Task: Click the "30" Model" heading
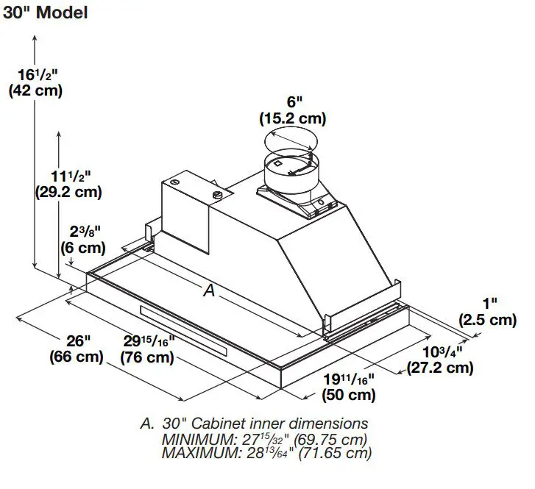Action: click(x=46, y=13)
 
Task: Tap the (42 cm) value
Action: click(x=35, y=91)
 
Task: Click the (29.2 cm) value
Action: click(x=68, y=192)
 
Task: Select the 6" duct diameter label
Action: click(x=293, y=102)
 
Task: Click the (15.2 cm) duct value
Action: click(x=292, y=118)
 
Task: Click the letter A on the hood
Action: click(x=209, y=292)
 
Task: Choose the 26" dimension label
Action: click(x=77, y=341)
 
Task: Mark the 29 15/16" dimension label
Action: click(x=148, y=341)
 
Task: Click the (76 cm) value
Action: click(x=148, y=358)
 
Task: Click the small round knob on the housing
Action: click(x=216, y=194)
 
